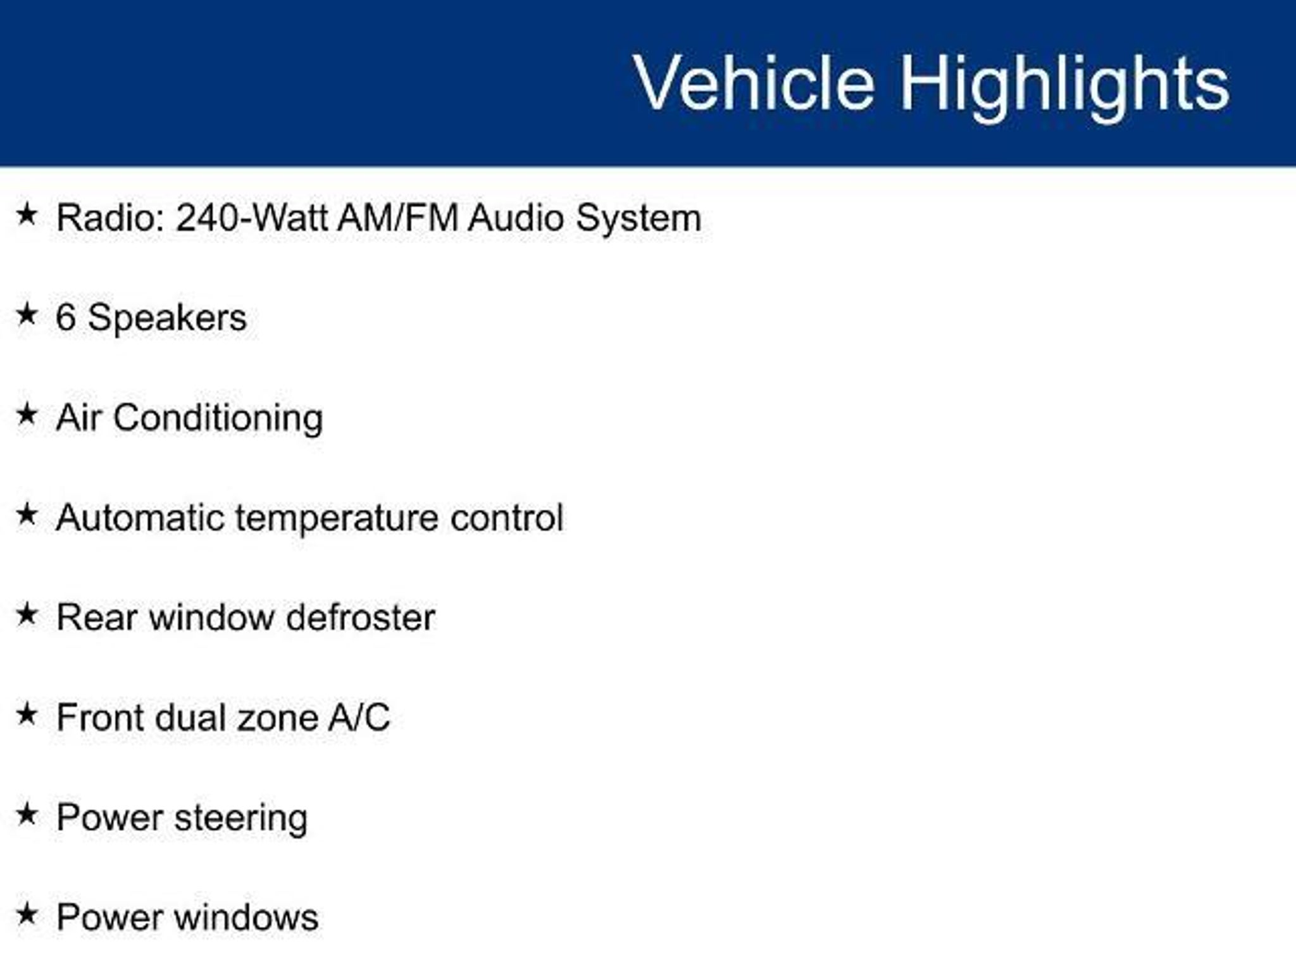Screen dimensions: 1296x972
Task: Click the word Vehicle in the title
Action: pyautogui.click(x=754, y=83)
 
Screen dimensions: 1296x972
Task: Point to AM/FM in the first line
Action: pyautogui.click(x=397, y=218)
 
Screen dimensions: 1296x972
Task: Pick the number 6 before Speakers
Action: pyautogui.click(x=66, y=317)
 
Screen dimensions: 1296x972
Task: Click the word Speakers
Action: pyautogui.click(x=167, y=318)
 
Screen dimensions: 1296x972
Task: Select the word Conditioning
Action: pyautogui.click(x=218, y=419)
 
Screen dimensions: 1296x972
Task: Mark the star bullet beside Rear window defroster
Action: pyautogui.click(x=27, y=614)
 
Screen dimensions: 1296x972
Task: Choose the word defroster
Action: pyautogui.click(x=361, y=618)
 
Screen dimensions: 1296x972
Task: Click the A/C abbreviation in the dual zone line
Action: pyautogui.click(x=359, y=718)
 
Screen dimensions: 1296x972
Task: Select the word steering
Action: pyautogui.click(x=241, y=819)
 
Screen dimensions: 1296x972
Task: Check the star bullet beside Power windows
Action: pyautogui.click(x=27, y=914)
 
